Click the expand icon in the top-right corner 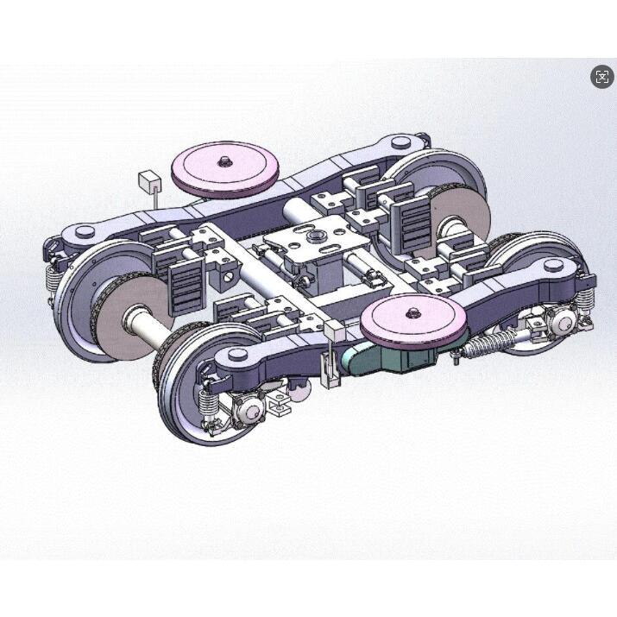pos(602,77)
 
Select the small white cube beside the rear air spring pos(150,181)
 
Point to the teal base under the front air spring pos(389,358)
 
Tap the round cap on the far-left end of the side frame pos(84,231)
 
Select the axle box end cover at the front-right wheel pos(562,322)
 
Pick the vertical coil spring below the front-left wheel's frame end pos(207,402)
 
